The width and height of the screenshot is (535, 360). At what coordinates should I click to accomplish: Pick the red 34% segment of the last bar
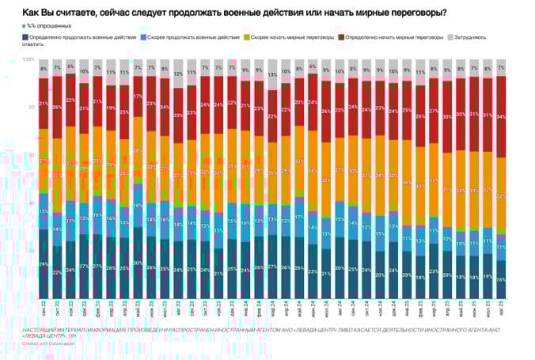coord(501,117)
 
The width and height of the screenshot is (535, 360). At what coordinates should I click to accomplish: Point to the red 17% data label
coord(138,96)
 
